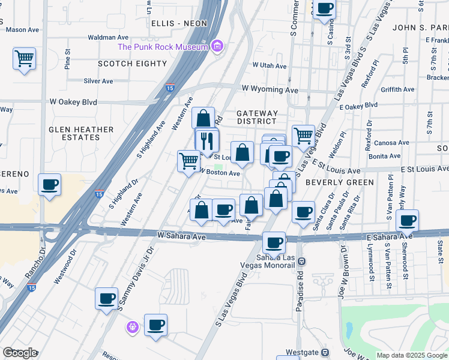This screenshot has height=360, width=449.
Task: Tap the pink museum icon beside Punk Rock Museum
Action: [217, 46]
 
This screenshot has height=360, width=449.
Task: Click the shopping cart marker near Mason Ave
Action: [24, 59]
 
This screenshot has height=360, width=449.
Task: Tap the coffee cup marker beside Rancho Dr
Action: [50, 185]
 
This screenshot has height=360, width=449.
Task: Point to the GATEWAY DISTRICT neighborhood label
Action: [257, 117]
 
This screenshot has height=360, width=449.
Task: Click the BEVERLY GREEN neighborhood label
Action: [339, 182]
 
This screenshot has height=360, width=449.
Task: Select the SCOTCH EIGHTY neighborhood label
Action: [132, 64]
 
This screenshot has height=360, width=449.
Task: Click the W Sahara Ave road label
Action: [182, 237]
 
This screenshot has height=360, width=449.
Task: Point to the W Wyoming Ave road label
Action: [270, 89]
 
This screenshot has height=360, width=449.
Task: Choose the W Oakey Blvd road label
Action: [73, 102]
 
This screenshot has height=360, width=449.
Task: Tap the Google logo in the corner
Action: [20, 353]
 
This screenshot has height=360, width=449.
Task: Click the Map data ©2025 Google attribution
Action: [411, 355]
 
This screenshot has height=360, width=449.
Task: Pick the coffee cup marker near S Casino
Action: [325, 9]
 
